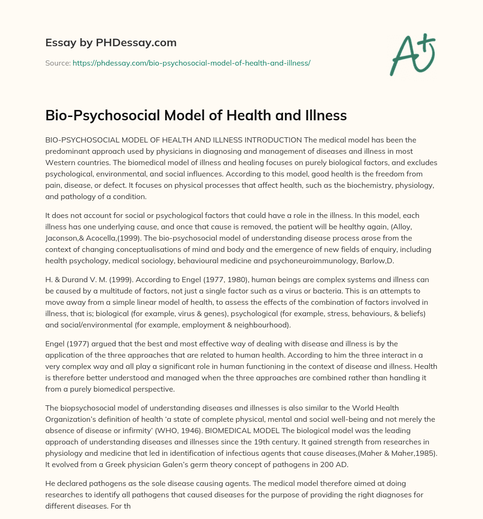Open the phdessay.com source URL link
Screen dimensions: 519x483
(191, 62)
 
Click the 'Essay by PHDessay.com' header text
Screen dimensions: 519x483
(111, 42)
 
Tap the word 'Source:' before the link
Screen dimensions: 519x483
(58, 62)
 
